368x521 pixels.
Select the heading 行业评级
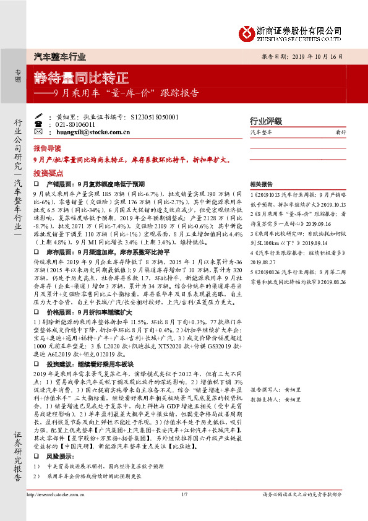265,121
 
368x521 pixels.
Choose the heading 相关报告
262,185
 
